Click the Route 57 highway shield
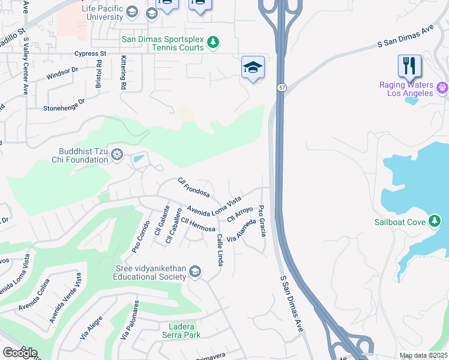pyautogui.click(x=281, y=88)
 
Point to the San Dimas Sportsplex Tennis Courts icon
pyautogui.click(x=212, y=42)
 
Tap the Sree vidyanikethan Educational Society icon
pyautogui.click(x=194, y=272)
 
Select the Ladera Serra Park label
pyautogui.click(x=181, y=331)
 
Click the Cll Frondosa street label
pyautogui.click(x=193, y=187)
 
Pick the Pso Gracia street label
pyautogui.click(x=262, y=220)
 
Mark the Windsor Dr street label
pyautogui.click(x=62, y=74)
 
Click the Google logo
pyautogui.click(x=20, y=353)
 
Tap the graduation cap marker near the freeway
pyautogui.click(x=253, y=68)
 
